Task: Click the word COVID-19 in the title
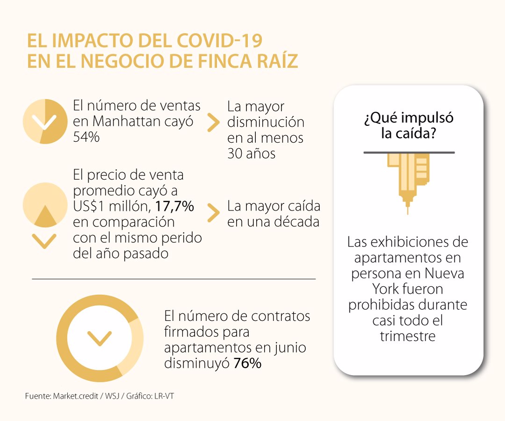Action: pos(220,41)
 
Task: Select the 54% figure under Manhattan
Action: pos(87,137)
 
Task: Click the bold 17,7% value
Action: pos(174,206)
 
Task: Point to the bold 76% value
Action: pos(247,363)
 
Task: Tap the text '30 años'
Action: pos(251,153)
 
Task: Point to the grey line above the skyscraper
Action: pos(409,152)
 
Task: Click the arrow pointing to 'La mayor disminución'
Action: pos(213,123)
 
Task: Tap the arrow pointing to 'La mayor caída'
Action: pos(213,213)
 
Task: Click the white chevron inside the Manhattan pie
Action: pos(44,123)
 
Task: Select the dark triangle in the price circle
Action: pos(45,215)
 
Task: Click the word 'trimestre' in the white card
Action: pos(408,336)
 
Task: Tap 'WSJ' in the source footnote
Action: pos(112,396)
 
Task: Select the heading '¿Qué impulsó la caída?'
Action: pos(408,125)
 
